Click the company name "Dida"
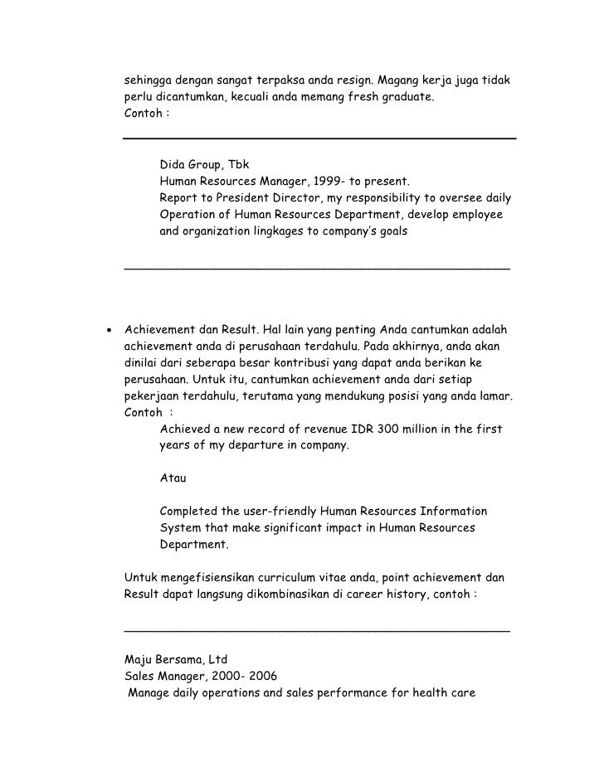(173, 166)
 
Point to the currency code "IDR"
(350, 429)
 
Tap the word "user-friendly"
(279, 511)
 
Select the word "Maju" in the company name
(138, 661)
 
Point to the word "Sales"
(139, 677)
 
